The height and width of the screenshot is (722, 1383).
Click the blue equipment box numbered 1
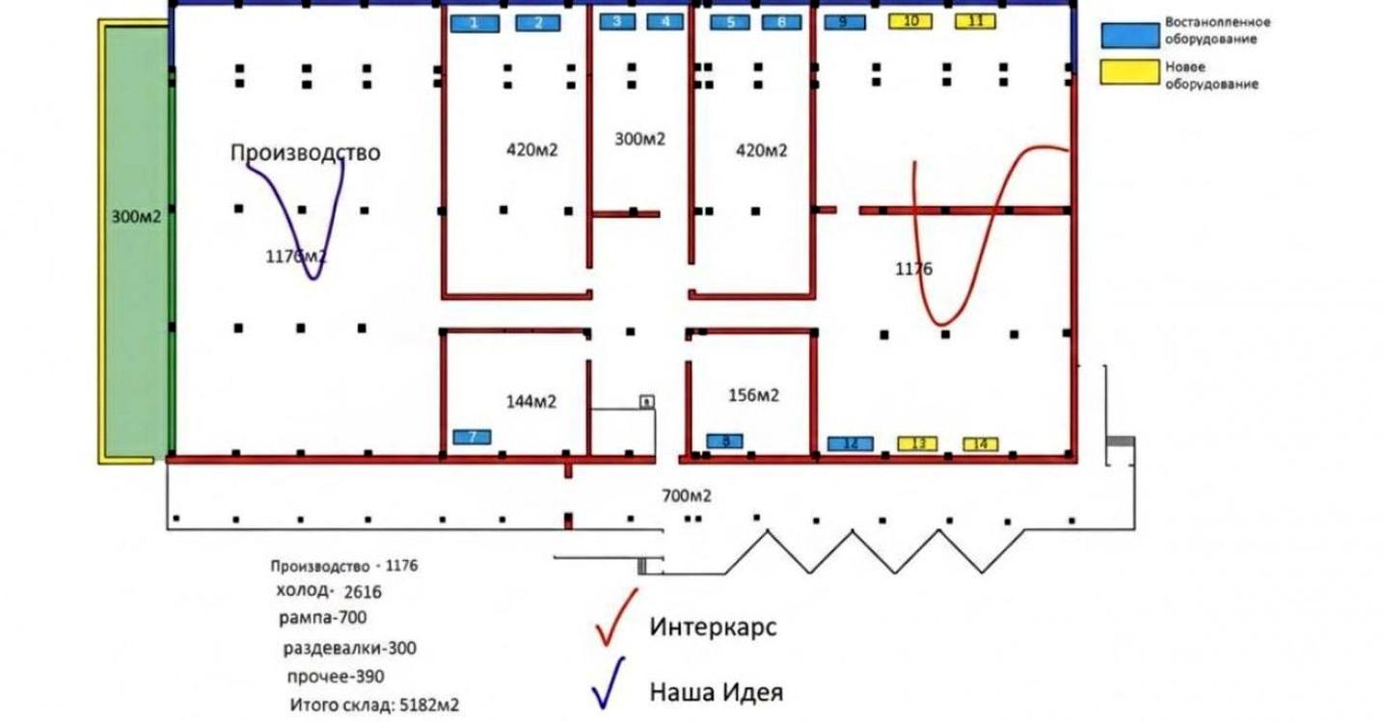pyautogui.click(x=474, y=23)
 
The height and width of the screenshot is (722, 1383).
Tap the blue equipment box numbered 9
pyautogui.click(x=843, y=22)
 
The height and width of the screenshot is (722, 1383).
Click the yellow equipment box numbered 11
pyautogui.click(x=975, y=21)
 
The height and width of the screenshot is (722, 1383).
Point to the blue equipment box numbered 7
pyautogui.click(x=472, y=437)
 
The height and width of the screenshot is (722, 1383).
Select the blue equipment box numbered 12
pyautogui.click(x=850, y=443)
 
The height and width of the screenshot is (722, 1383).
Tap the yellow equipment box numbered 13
pyautogui.click(x=917, y=443)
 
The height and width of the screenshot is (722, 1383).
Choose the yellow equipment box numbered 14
pyautogui.click(x=981, y=444)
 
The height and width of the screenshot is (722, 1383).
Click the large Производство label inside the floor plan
pyautogui.click(x=305, y=152)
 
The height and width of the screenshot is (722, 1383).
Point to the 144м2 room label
pyautogui.click(x=531, y=402)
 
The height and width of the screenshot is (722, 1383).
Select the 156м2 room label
pyautogui.click(x=752, y=395)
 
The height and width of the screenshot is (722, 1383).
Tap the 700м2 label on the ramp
pyautogui.click(x=686, y=496)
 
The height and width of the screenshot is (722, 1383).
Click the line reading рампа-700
pyautogui.click(x=321, y=616)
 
